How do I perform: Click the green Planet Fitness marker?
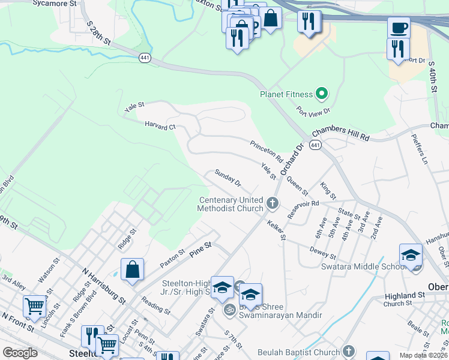322,94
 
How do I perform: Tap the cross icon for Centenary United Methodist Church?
273,203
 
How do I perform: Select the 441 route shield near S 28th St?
144,58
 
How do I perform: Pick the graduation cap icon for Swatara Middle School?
411,254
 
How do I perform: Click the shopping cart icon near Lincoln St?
34,306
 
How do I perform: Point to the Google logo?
20,353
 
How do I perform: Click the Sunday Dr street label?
228,178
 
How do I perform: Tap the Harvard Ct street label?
160,126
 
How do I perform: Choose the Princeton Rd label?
266,151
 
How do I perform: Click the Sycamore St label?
56,3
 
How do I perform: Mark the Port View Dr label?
314,112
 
